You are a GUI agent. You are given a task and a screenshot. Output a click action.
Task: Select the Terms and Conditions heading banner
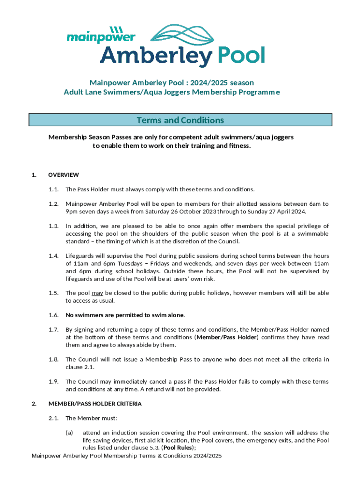[x=180, y=120]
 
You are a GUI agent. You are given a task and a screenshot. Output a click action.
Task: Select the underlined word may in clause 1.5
[x=97, y=293]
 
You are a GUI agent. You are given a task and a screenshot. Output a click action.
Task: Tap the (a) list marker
[x=69, y=433]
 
